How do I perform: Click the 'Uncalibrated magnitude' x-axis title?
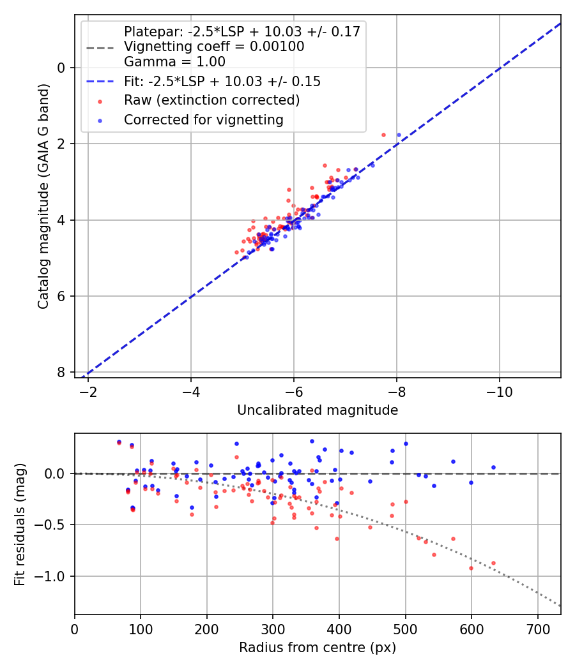[318, 410]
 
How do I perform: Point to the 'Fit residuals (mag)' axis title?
[20, 525]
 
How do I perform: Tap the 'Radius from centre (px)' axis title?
[318, 648]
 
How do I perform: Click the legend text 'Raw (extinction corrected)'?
[211, 100]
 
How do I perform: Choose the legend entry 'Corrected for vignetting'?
[203, 119]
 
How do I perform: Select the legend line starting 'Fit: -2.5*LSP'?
[222, 81]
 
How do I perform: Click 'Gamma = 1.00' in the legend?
[174, 62]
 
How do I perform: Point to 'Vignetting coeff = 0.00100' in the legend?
[214, 47]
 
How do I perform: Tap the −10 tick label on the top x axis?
[499, 391]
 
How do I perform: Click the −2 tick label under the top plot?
[88, 391]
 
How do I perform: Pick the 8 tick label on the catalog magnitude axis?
[62, 372]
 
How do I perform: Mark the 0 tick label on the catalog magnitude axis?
[62, 68]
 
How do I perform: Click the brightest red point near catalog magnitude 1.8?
[383, 135]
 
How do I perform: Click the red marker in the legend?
[99, 101]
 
